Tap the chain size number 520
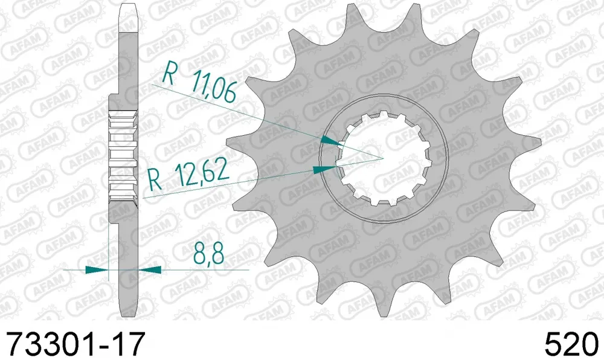tap(571, 344)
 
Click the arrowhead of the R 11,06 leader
tap(331, 141)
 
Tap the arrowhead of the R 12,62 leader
tap(324, 170)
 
